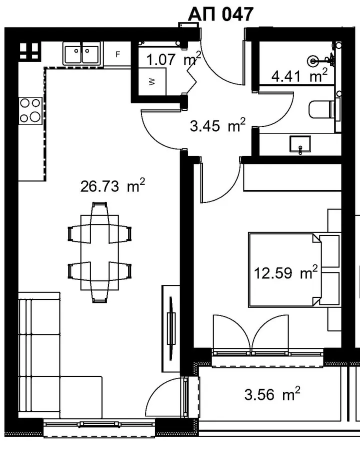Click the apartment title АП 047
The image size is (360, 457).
220,14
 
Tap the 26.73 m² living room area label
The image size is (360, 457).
112,185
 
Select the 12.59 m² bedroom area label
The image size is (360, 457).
285,273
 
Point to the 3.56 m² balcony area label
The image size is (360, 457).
272,394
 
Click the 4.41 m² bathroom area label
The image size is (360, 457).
299,76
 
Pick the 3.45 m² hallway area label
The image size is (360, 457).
217,125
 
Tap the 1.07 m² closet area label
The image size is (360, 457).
173,59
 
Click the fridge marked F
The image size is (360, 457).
117,54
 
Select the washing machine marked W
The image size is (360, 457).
152,82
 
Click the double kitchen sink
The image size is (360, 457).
81,53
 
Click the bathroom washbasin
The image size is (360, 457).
300,144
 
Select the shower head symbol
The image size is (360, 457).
313,60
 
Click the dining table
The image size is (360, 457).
99,252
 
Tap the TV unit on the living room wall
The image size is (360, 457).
171,328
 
